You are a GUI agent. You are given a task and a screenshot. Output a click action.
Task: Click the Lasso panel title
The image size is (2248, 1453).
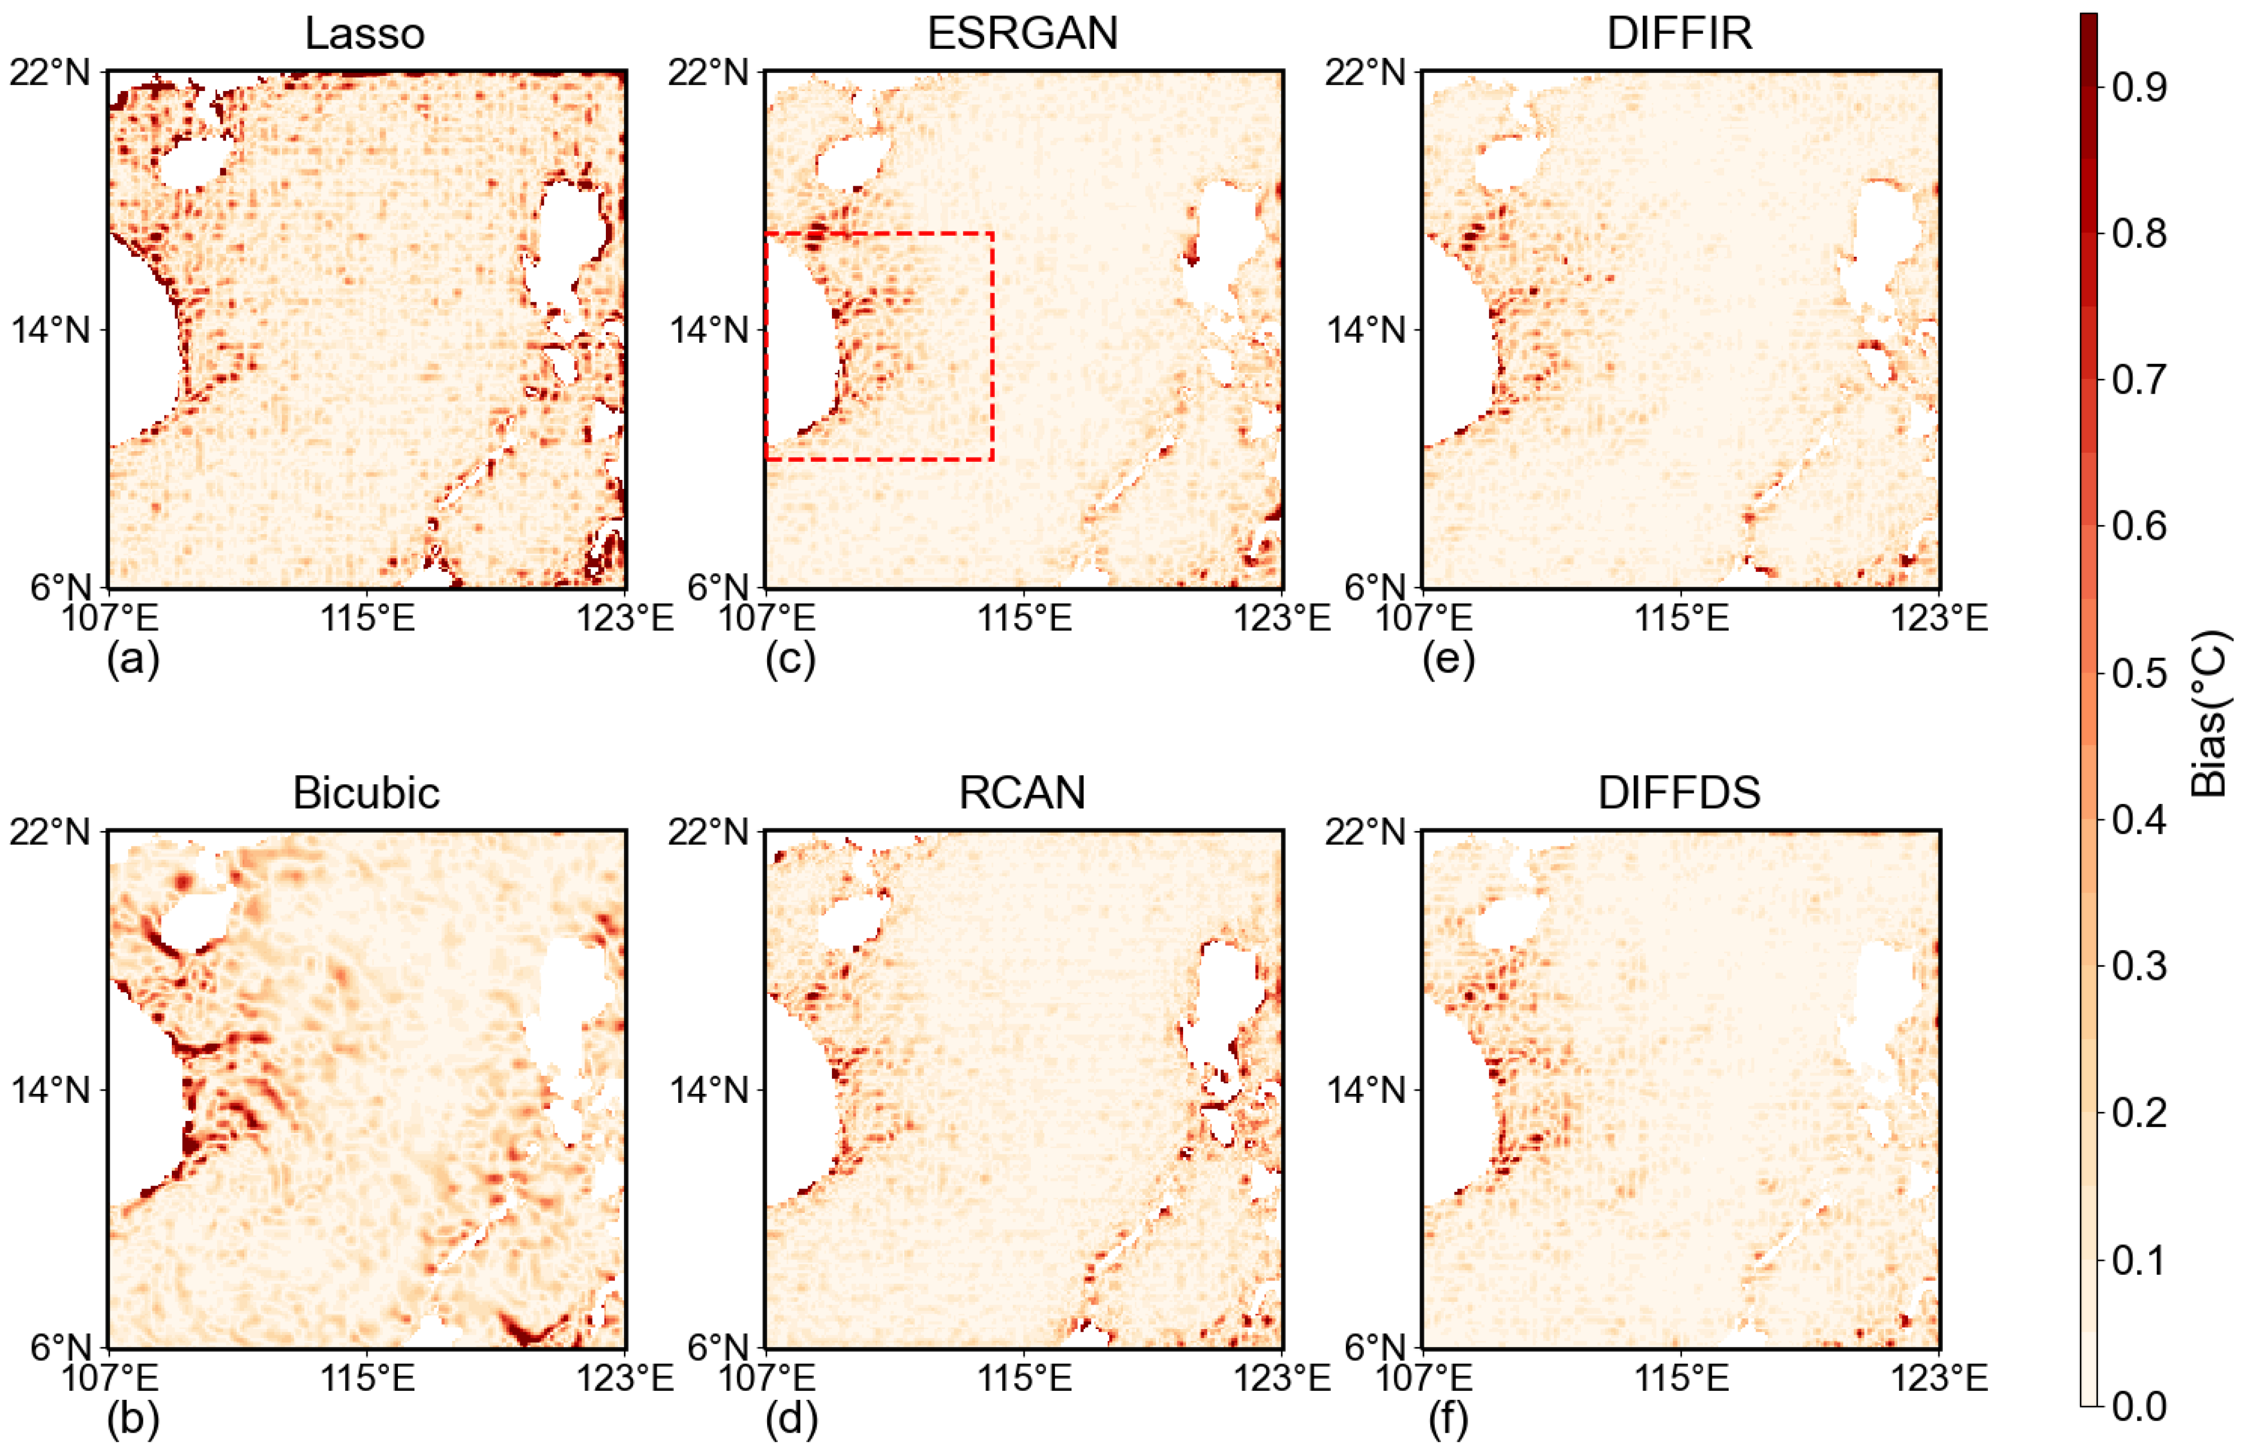[365, 34]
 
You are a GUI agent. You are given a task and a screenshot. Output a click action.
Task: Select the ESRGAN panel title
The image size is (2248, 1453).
[1022, 34]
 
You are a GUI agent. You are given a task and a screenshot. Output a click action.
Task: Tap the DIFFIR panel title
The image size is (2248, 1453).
[1679, 34]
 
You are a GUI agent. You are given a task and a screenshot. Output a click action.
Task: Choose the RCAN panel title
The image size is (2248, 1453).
[1022, 793]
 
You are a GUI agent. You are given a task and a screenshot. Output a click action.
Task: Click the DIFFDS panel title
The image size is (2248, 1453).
[1679, 793]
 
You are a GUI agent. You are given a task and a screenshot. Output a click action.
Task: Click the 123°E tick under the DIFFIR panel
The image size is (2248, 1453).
[1938, 619]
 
